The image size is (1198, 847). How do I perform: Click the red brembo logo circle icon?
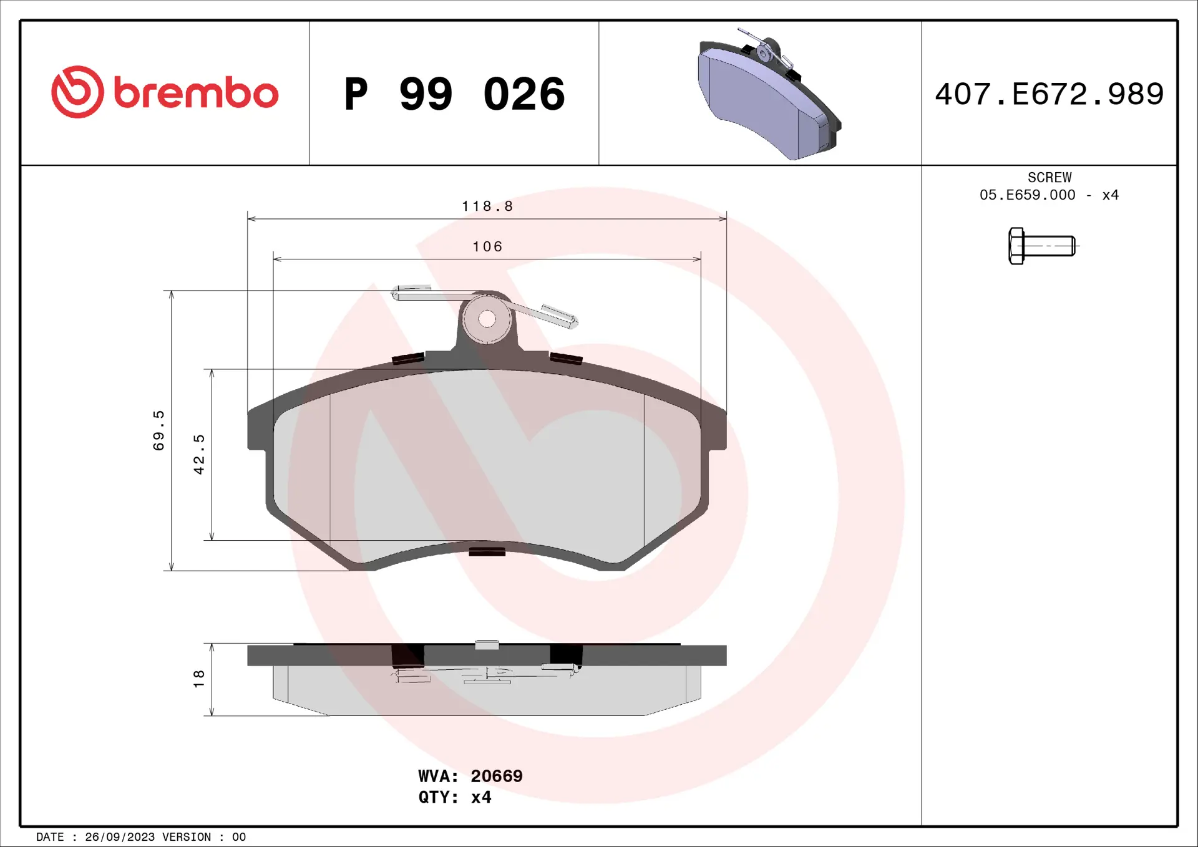pos(77,92)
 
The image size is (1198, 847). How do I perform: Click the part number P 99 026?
pos(454,94)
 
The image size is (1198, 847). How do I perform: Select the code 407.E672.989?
pos(1049,94)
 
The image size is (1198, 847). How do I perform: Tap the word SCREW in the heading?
pos(1049,177)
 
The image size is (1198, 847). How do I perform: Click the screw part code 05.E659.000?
pos(1027,195)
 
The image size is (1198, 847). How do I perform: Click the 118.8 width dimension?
pos(487,206)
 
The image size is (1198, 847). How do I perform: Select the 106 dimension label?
pos(487,247)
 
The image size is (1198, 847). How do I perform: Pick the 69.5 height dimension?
pos(159,430)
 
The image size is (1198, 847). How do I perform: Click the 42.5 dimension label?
pos(199,454)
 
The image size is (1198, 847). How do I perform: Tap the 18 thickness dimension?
pos(199,679)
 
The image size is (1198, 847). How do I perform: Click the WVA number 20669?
pos(496,776)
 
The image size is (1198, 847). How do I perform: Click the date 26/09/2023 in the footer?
pos(120,837)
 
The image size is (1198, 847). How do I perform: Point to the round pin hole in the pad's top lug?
pos(487,319)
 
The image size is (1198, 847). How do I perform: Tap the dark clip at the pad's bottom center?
pos(487,551)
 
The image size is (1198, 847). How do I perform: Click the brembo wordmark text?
pos(196,94)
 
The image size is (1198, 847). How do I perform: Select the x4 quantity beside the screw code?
pos(1110,195)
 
